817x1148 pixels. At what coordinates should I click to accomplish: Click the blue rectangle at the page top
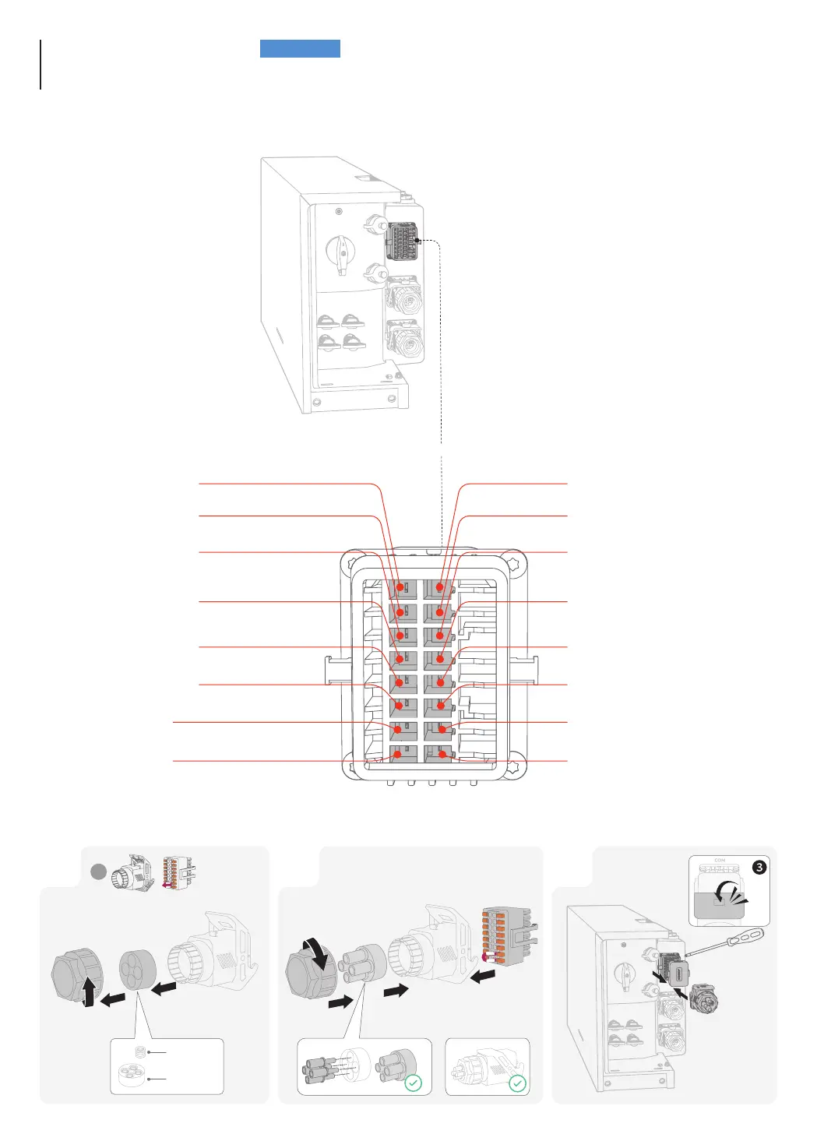pyautogui.click(x=300, y=49)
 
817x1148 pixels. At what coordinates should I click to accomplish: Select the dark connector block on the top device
pyautogui.click(x=402, y=241)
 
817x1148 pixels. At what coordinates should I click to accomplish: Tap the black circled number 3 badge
pyautogui.click(x=759, y=867)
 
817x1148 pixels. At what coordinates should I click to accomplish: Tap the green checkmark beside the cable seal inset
pyautogui.click(x=414, y=1083)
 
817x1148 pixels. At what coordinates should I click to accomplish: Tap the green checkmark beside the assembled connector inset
pyautogui.click(x=517, y=1083)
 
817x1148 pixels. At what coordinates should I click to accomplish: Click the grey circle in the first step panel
pyautogui.click(x=98, y=872)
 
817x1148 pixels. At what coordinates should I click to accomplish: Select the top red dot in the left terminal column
pyautogui.click(x=401, y=587)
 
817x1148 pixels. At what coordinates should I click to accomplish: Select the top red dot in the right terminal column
pyautogui.click(x=440, y=587)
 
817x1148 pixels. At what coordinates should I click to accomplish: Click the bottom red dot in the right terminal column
pyautogui.click(x=442, y=754)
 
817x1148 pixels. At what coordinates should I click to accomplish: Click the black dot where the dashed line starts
pyautogui.click(x=418, y=241)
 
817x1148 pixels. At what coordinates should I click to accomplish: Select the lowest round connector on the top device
pyautogui.click(x=406, y=341)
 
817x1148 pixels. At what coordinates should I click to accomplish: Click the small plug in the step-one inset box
pyautogui.click(x=140, y=1052)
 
